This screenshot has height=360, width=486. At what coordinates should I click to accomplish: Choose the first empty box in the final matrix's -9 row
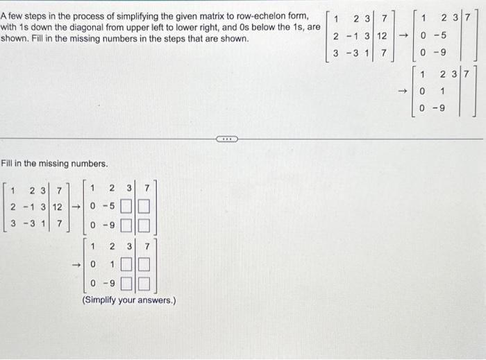pos(129,284)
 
